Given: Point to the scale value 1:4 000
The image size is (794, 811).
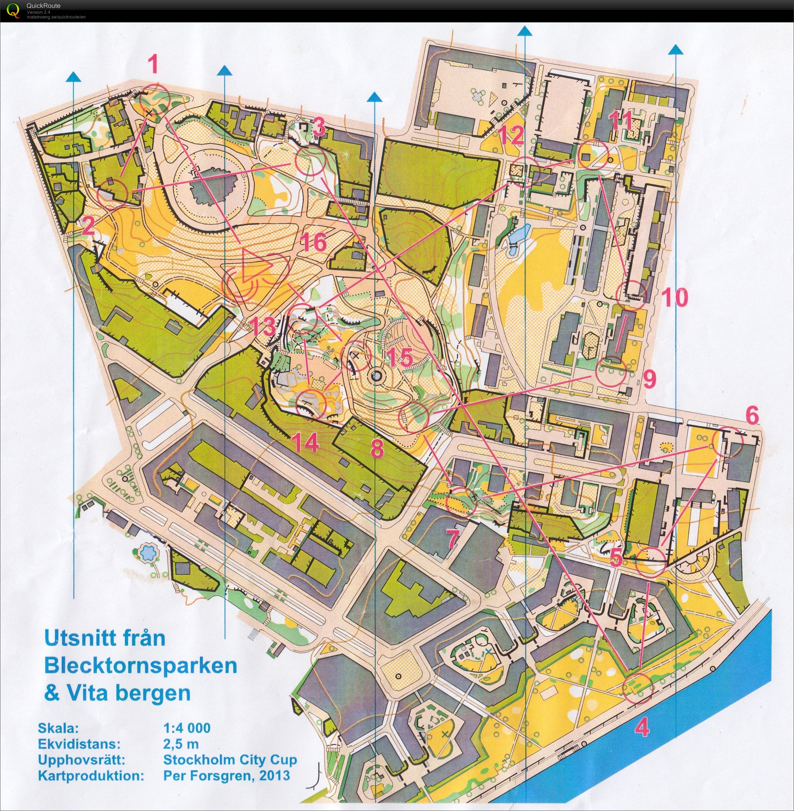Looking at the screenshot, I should (187, 728).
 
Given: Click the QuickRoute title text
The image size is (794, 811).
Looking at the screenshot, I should (42, 5).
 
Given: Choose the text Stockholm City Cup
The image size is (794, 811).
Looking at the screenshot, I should (230, 759).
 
